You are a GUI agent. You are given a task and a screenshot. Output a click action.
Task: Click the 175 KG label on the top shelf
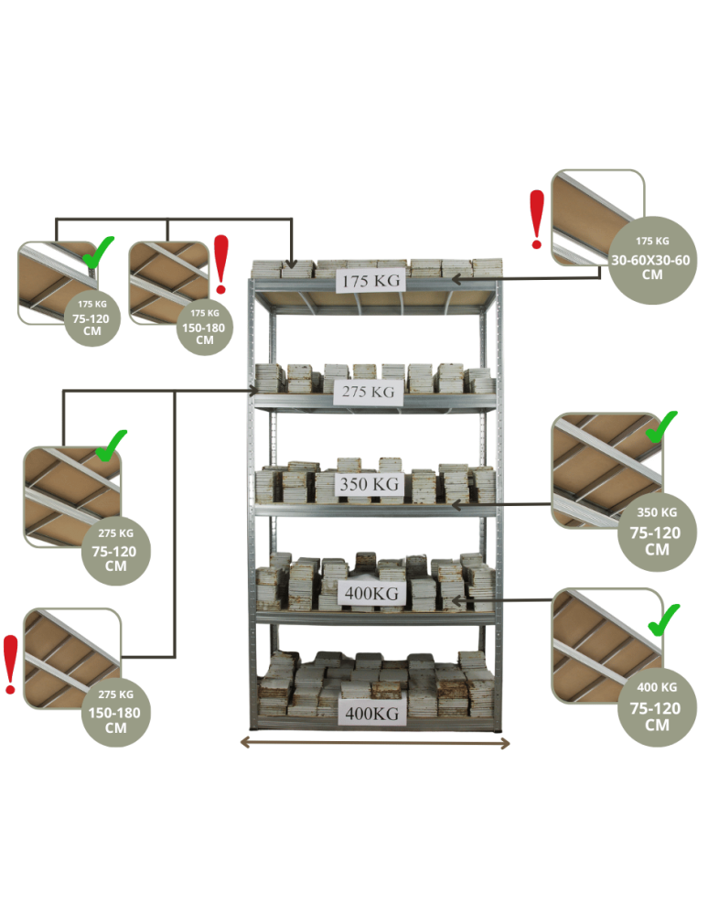pos(371,282)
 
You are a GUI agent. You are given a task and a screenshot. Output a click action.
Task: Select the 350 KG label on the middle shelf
pos(370,484)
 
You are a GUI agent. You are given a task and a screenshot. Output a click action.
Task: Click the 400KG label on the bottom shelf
pos(371,712)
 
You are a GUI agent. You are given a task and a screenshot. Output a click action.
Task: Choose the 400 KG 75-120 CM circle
pos(657,705)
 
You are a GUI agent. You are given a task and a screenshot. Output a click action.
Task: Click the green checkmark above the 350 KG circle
pos(661,427)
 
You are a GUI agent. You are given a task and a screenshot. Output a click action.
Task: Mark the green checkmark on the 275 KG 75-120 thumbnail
pos(110,446)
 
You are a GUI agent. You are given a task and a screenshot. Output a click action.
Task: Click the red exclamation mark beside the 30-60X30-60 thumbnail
pos(537,220)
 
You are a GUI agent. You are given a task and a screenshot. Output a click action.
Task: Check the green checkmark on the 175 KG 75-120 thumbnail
pos(99,252)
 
